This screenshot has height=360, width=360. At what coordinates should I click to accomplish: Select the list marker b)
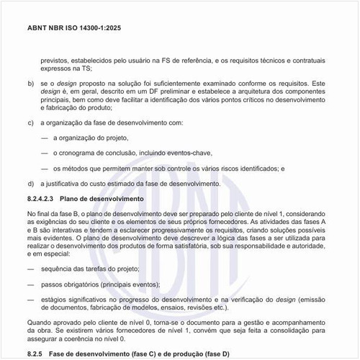pyautogui.click(x=30, y=84)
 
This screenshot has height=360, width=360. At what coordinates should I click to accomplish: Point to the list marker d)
pyautogui.click(x=30, y=184)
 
